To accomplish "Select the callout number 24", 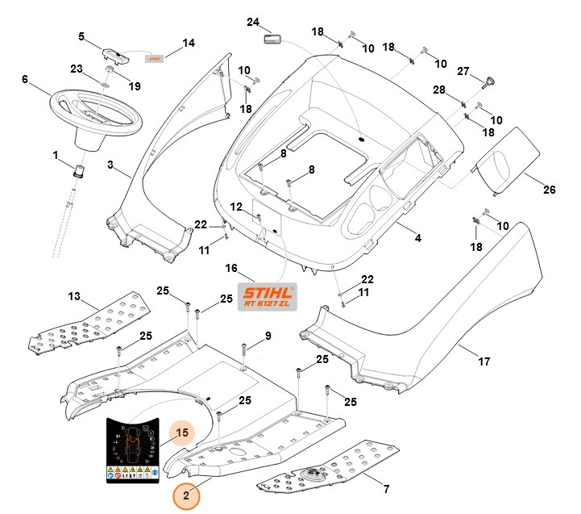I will pyautogui.click(x=253, y=22).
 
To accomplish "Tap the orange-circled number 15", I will pyautogui.click(x=182, y=433).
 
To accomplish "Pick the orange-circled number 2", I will pyautogui.click(x=187, y=495).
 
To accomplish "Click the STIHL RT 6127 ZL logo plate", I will pyautogui.click(x=267, y=297).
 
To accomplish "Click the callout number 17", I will pyautogui.click(x=483, y=362).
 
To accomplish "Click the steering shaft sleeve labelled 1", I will pyautogui.click(x=80, y=170).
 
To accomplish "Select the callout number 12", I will pyautogui.click(x=235, y=207).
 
